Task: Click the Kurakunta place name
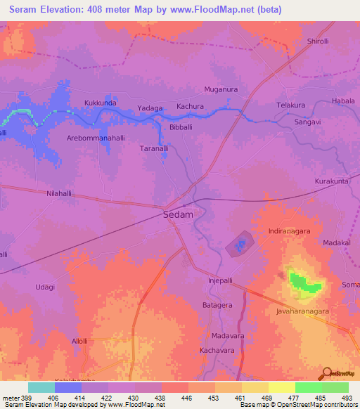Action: tap(332, 181)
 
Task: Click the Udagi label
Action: tap(45, 287)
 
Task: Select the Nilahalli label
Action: tap(60, 193)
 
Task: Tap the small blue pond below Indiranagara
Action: tap(240, 245)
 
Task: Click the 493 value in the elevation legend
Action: tap(346, 398)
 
